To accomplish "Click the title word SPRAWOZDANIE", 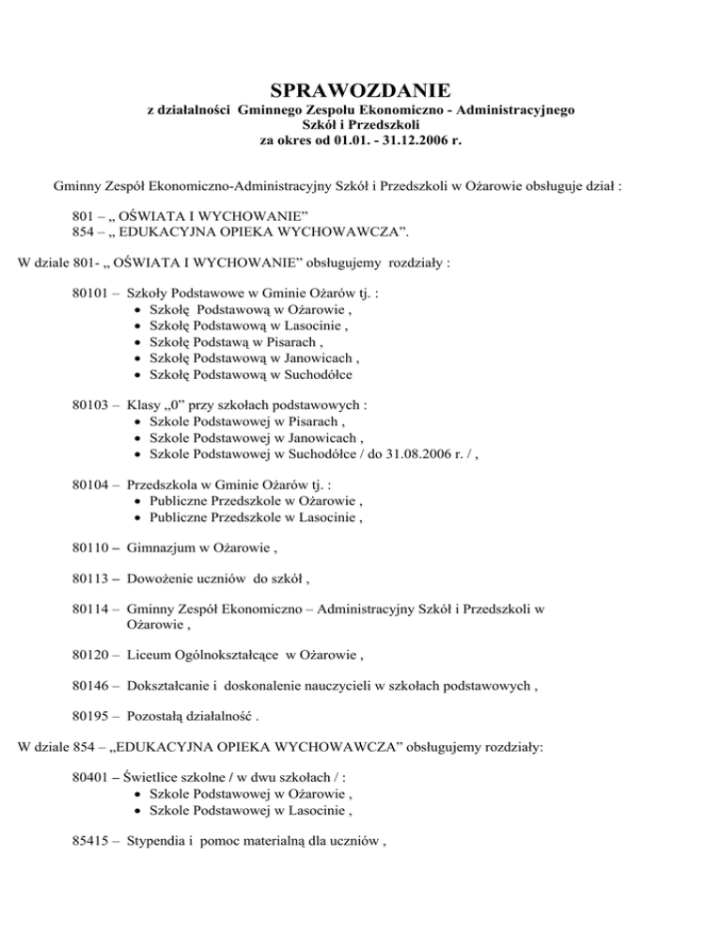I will [360, 90].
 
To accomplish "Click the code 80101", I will [91, 293].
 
